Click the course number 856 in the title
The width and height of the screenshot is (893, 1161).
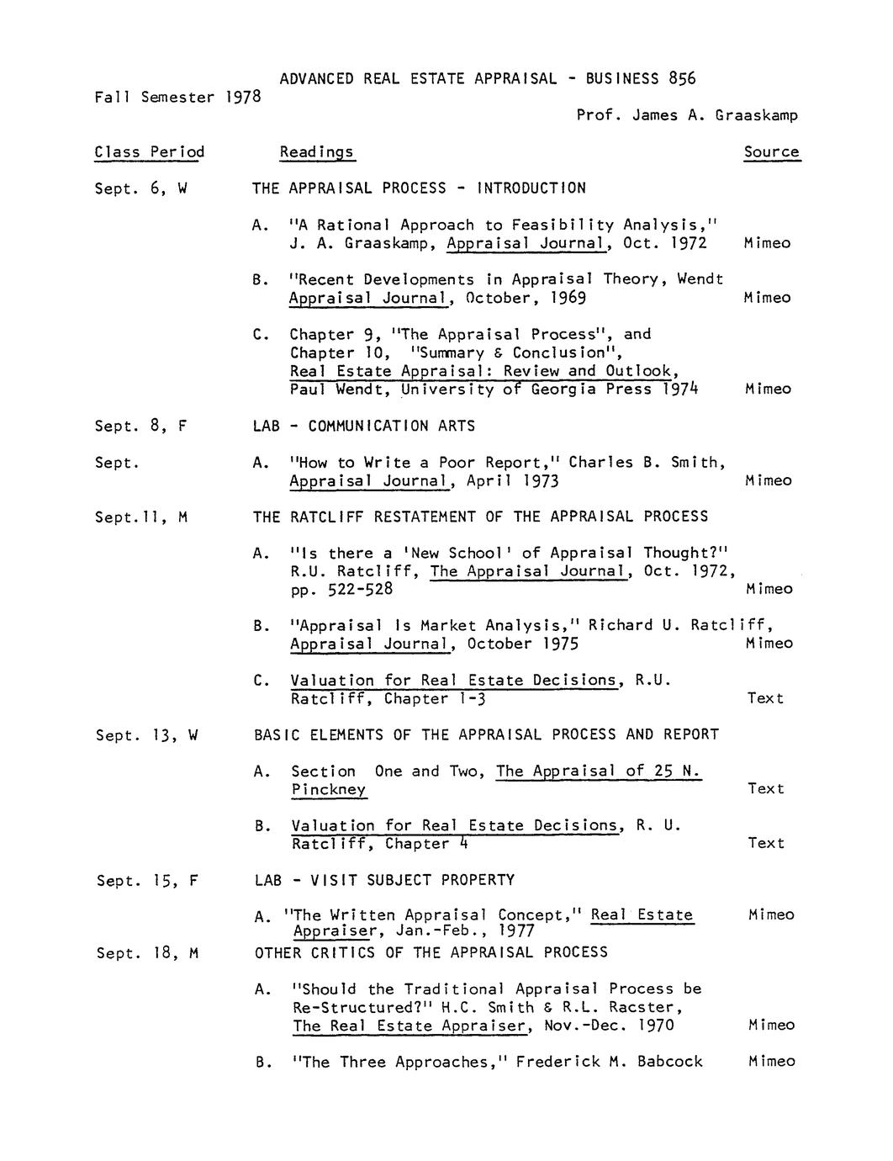pyautogui.click(x=682, y=78)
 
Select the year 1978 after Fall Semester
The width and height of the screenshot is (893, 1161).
pyautogui.click(x=243, y=97)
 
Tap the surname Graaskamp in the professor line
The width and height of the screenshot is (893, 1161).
pyautogui.click(x=756, y=115)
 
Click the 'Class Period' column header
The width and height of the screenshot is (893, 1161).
pyautogui.click(x=149, y=152)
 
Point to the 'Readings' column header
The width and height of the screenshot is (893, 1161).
pyautogui.click(x=317, y=152)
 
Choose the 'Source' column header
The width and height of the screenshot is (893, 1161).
pyautogui.click(x=771, y=152)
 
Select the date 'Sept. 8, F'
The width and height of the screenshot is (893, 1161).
pyautogui.click(x=140, y=426)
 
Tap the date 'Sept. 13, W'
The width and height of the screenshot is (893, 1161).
pyautogui.click(x=146, y=735)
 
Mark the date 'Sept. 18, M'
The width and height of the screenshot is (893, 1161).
pyautogui.click(x=147, y=953)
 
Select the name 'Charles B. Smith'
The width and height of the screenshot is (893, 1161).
pyautogui.click(x=644, y=462)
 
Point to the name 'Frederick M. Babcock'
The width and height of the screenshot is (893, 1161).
pyautogui.click(x=609, y=1062)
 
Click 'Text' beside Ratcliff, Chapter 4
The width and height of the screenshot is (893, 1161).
pyautogui.click(x=765, y=843)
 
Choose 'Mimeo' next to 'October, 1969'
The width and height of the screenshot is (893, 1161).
pyautogui.click(x=767, y=298)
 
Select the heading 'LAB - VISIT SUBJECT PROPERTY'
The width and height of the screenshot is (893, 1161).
pyautogui.click(x=384, y=880)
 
